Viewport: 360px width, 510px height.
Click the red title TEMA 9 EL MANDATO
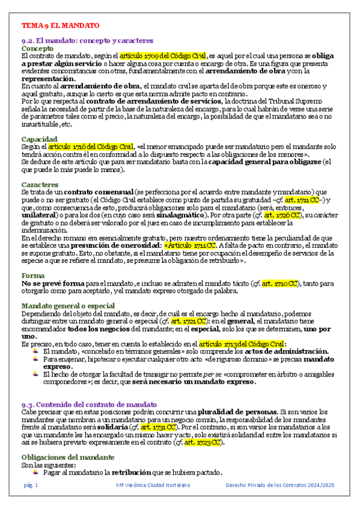tap(60, 25)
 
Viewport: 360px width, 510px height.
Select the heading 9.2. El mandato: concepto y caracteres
tap(87, 40)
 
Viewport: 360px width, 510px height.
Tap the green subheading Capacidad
tap(40, 139)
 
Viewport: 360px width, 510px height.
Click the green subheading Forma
tap(32, 275)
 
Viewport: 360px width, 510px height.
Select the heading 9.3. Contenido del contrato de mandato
tap(89, 405)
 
